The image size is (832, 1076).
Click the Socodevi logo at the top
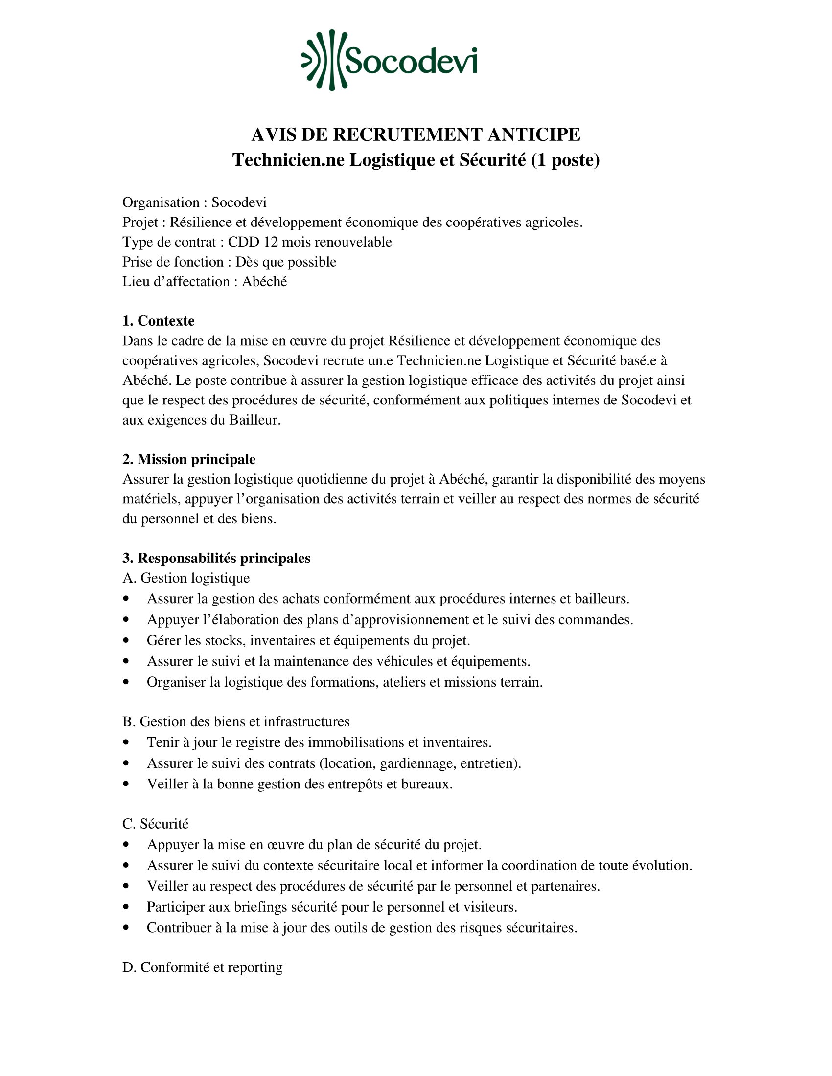(390, 61)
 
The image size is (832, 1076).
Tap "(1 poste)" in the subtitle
(565, 160)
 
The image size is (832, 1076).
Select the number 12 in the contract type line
(271, 243)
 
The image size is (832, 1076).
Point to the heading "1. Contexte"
(158, 321)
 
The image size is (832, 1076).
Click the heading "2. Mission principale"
(189, 460)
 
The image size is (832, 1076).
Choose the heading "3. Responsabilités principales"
(216, 558)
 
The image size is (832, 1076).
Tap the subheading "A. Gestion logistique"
(186, 578)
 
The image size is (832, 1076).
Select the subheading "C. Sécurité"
(155, 824)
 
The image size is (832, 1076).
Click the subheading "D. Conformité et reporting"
(202, 967)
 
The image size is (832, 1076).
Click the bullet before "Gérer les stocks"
(127, 641)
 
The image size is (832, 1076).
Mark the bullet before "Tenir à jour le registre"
(127, 742)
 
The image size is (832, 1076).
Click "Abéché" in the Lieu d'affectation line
(264, 282)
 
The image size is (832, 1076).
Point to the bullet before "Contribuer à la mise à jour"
(127, 928)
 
